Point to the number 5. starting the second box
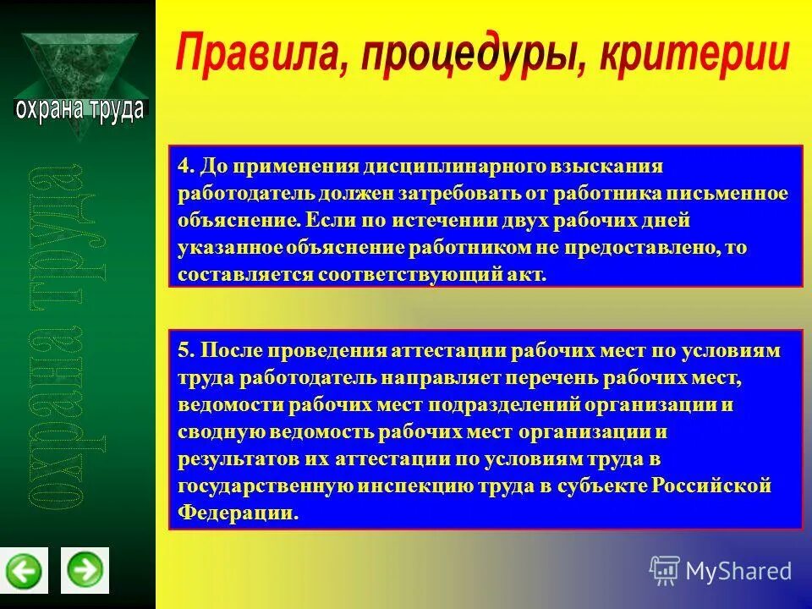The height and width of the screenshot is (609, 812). tap(186, 350)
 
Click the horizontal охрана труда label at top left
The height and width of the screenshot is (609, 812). tap(80, 110)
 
